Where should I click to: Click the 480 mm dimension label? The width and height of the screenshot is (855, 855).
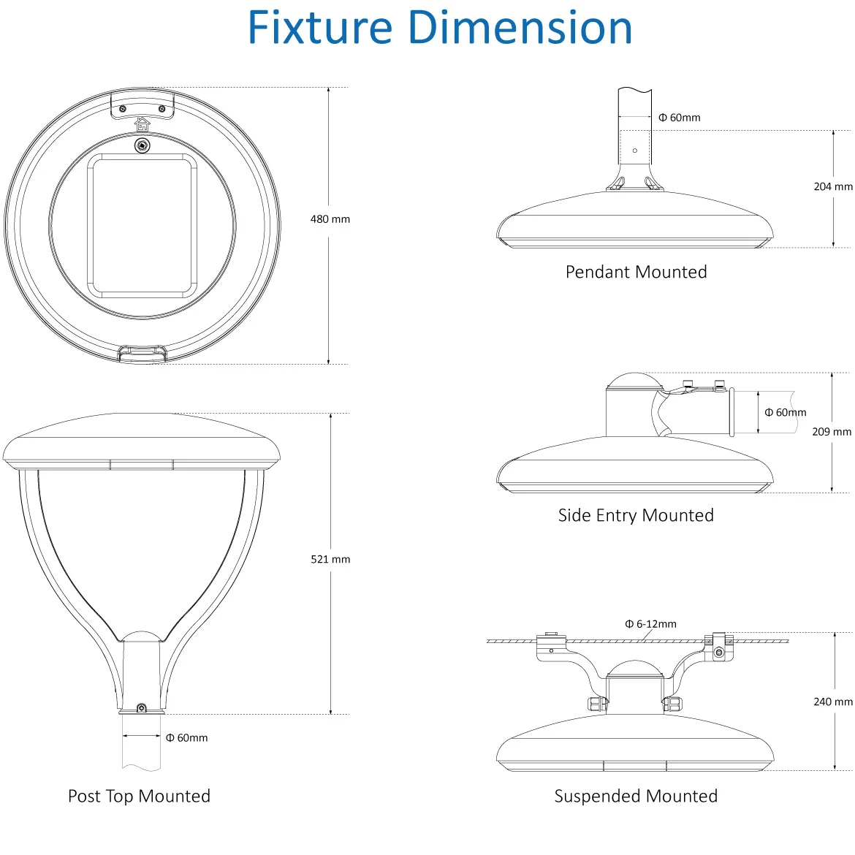(x=330, y=219)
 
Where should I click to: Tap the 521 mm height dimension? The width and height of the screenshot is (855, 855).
(x=330, y=559)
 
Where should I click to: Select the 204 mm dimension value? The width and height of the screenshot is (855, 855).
(x=832, y=187)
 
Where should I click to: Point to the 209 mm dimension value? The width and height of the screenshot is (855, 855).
(x=831, y=432)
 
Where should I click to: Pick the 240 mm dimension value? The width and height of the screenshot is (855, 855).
(x=832, y=702)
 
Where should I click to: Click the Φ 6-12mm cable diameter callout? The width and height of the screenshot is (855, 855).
(x=650, y=624)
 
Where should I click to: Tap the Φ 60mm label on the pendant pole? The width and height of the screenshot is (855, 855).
(x=679, y=118)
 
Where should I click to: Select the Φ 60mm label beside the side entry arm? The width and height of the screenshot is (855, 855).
(x=785, y=413)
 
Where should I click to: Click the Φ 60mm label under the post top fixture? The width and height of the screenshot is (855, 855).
(x=186, y=738)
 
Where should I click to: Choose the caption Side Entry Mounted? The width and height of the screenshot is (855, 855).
(x=636, y=515)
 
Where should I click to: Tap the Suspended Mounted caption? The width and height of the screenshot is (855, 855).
(x=636, y=796)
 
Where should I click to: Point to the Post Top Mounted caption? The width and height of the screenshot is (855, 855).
(x=139, y=796)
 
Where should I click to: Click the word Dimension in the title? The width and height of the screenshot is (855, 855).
(x=520, y=28)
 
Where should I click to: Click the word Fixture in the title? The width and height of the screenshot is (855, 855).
(x=321, y=28)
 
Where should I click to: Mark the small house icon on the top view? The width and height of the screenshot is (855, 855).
(x=142, y=124)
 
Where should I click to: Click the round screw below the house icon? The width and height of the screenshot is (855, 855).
(x=142, y=145)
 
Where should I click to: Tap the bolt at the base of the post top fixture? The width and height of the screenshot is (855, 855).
(x=141, y=708)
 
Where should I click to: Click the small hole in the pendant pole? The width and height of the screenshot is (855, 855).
(x=634, y=151)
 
